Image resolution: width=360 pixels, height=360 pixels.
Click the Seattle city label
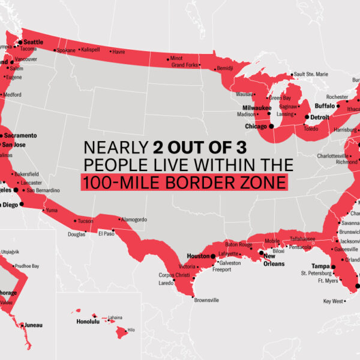[x=33, y=41]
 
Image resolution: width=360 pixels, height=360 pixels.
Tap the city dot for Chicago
[x=271, y=126]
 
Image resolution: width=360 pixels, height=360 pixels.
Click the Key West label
[x=333, y=301]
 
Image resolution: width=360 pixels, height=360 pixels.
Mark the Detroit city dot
[x=308, y=117]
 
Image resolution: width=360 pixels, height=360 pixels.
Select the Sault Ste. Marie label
[x=311, y=74]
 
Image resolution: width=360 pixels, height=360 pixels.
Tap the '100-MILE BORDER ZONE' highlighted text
[x=183, y=182]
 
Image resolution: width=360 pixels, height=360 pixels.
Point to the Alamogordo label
[x=134, y=220]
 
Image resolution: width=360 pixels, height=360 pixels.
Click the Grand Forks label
[x=184, y=65]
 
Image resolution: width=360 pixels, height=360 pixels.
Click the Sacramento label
[x=22, y=136]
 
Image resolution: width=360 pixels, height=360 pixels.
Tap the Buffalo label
[x=325, y=106]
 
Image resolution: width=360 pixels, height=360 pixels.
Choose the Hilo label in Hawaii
[x=131, y=329]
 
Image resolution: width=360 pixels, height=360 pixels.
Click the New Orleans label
[x=274, y=260]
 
